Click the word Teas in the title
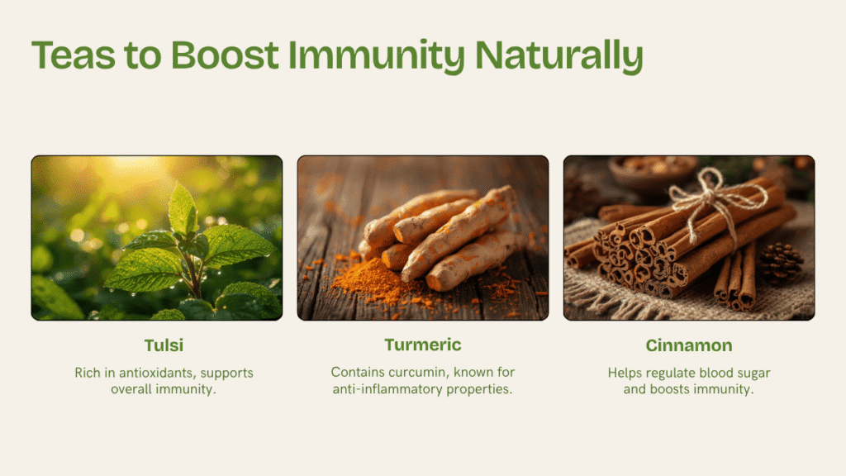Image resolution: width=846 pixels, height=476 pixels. coord(74,55)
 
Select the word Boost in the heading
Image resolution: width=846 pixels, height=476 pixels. coord(225,55)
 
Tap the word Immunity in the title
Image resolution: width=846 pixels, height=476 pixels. coord(377,56)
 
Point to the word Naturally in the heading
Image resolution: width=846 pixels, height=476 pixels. coord(559,56)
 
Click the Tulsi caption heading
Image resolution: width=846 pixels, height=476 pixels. coord(164,345)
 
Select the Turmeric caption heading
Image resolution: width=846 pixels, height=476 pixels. coord(423,345)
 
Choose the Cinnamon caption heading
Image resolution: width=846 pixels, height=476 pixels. coord(689,345)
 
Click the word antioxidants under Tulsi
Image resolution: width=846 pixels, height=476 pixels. coord(156,373)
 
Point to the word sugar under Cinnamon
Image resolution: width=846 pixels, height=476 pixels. coord(752,374)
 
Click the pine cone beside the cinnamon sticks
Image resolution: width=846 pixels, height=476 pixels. coord(780,263)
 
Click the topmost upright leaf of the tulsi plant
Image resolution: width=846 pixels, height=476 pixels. coord(183,208)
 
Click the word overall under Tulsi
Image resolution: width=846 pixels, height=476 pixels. coord(131,389)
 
